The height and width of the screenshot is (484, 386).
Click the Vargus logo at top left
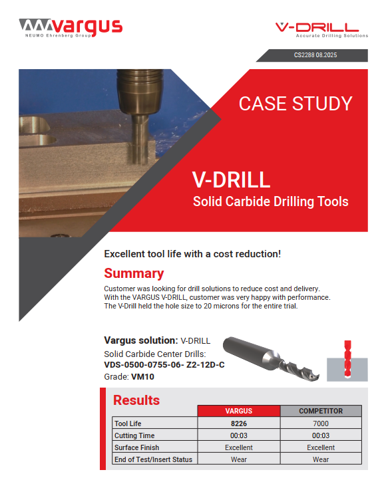(71, 27)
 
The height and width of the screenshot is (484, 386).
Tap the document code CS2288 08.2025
(315, 55)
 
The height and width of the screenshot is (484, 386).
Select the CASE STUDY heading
(295, 104)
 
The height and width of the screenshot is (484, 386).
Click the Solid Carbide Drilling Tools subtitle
(270, 201)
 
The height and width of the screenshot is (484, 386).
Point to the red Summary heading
(134, 273)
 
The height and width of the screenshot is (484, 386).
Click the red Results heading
(136, 400)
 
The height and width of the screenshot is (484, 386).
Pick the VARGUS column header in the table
(238, 411)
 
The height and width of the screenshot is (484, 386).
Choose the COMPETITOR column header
(321, 411)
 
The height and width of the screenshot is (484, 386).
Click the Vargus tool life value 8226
(238, 423)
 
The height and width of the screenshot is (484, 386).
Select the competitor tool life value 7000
(321, 423)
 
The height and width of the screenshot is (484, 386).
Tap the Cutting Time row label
(135, 435)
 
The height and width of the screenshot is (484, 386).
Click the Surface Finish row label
(137, 447)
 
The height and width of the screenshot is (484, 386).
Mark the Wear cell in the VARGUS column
(238, 459)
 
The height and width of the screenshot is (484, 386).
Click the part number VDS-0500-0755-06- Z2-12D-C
(164, 365)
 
